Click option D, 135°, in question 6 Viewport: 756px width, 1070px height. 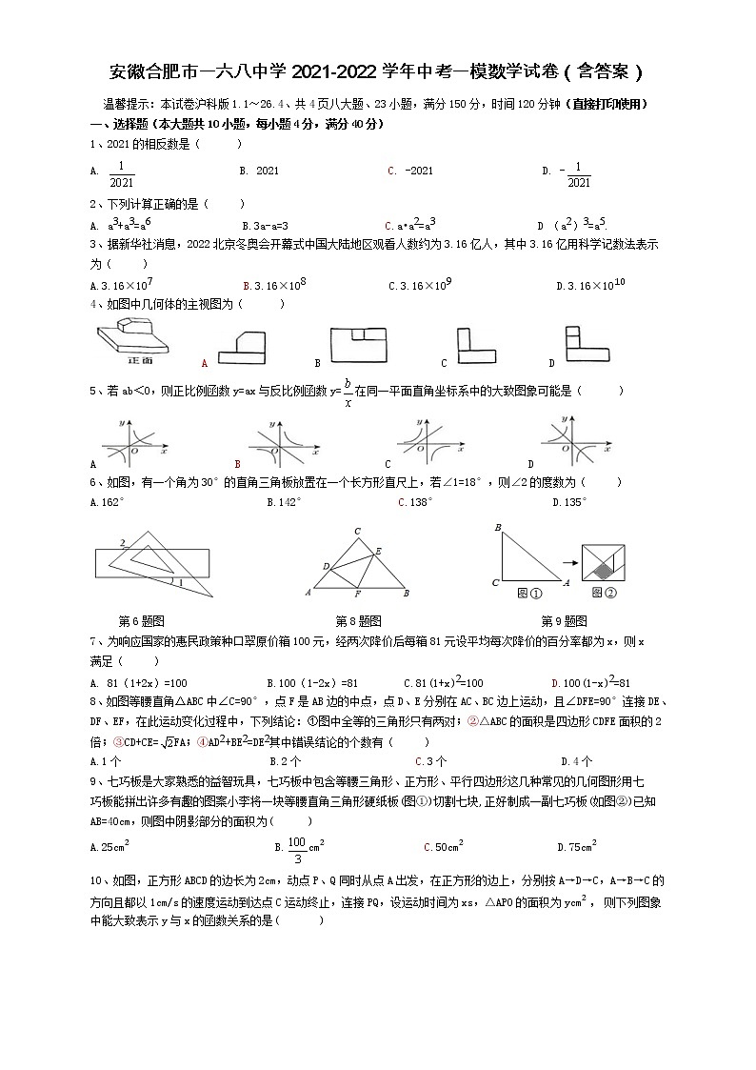[571, 502]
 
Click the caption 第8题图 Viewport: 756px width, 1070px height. [358, 620]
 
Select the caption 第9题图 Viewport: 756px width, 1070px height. [564, 620]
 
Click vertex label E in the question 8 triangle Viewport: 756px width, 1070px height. [378, 551]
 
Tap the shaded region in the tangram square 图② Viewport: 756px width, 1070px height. [603, 570]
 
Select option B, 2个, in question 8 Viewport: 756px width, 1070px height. [285, 761]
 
